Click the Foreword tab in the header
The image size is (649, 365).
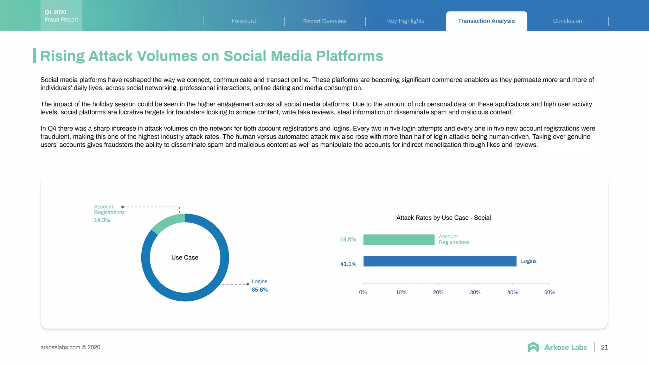coord(243,21)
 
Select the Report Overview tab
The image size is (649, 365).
coord(324,21)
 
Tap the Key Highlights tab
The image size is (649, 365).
coord(406,21)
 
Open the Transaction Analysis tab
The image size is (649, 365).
coord(486,21)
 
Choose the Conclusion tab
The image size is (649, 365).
coord(568,21)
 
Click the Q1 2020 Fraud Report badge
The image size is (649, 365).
coord(61,16)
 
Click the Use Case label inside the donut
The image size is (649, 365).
coord(185,258)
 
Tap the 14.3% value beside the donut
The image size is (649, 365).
coord(102,220)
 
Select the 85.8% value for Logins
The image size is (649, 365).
coord(260,290)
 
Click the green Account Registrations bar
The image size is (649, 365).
coord(399,240)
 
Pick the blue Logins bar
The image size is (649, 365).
coord(440,261)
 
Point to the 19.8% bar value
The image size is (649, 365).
coord(348,240)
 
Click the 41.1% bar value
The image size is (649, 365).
coord(348,264)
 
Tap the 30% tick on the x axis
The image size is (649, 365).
coord(475,292)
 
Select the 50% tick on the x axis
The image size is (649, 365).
coord(549,292)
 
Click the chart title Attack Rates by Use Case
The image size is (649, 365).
coord(443,218)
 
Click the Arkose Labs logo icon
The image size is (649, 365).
coord(533,347)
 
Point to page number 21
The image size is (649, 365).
coord(605,347)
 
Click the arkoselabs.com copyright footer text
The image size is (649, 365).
coord(70,347)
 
